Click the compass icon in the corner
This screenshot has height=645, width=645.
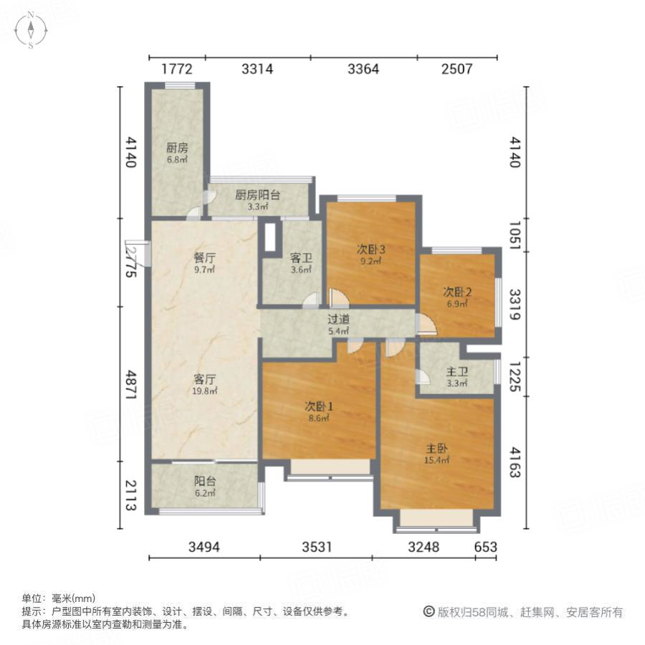[32, 30]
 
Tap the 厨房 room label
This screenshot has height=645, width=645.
[177, 153]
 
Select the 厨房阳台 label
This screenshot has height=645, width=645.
[257, 199]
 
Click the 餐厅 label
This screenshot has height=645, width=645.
[205, 263]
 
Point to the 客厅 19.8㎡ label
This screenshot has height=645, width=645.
[205, 384]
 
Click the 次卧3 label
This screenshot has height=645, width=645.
[372, 254]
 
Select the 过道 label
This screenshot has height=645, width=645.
[338, 325]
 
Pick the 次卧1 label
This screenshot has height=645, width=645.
[320, 411]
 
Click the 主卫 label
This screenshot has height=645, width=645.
[457, 377]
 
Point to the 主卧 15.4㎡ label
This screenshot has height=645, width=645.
[436, 454]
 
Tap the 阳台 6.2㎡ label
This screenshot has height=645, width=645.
[204, 487]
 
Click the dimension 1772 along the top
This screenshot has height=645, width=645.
[177, 69]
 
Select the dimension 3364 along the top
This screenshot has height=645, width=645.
[363, 69]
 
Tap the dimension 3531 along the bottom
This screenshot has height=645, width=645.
[316, 548]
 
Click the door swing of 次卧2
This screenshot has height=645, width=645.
[426, 326]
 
